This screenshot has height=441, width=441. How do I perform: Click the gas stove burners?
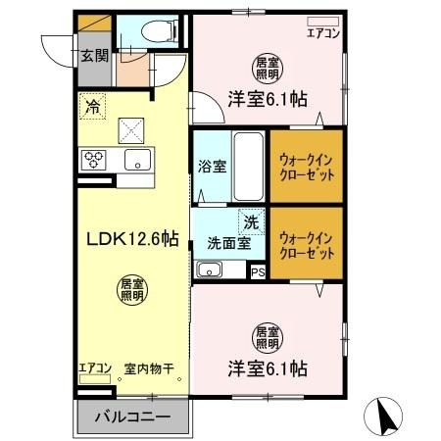tap(96, 159)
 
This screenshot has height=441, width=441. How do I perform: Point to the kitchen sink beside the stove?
tap(135, 160)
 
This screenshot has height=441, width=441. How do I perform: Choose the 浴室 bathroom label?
tap(213, 165)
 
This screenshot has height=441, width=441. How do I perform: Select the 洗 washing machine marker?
tap(251, 222)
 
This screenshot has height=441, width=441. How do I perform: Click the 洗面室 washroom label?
tap(226, 243)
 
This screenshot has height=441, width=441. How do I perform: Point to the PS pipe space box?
tap(258, 272)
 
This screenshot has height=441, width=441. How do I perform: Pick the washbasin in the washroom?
tap(208, 270)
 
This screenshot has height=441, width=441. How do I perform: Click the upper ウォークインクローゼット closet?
tap(307, 166)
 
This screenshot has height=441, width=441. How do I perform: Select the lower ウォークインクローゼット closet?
tap(307, 244)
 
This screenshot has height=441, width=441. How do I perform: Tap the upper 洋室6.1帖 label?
tap(269, 98)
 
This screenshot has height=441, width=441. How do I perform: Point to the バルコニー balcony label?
tap(133, 417)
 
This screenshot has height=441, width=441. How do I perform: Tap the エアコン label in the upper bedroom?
tap(323, 32)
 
